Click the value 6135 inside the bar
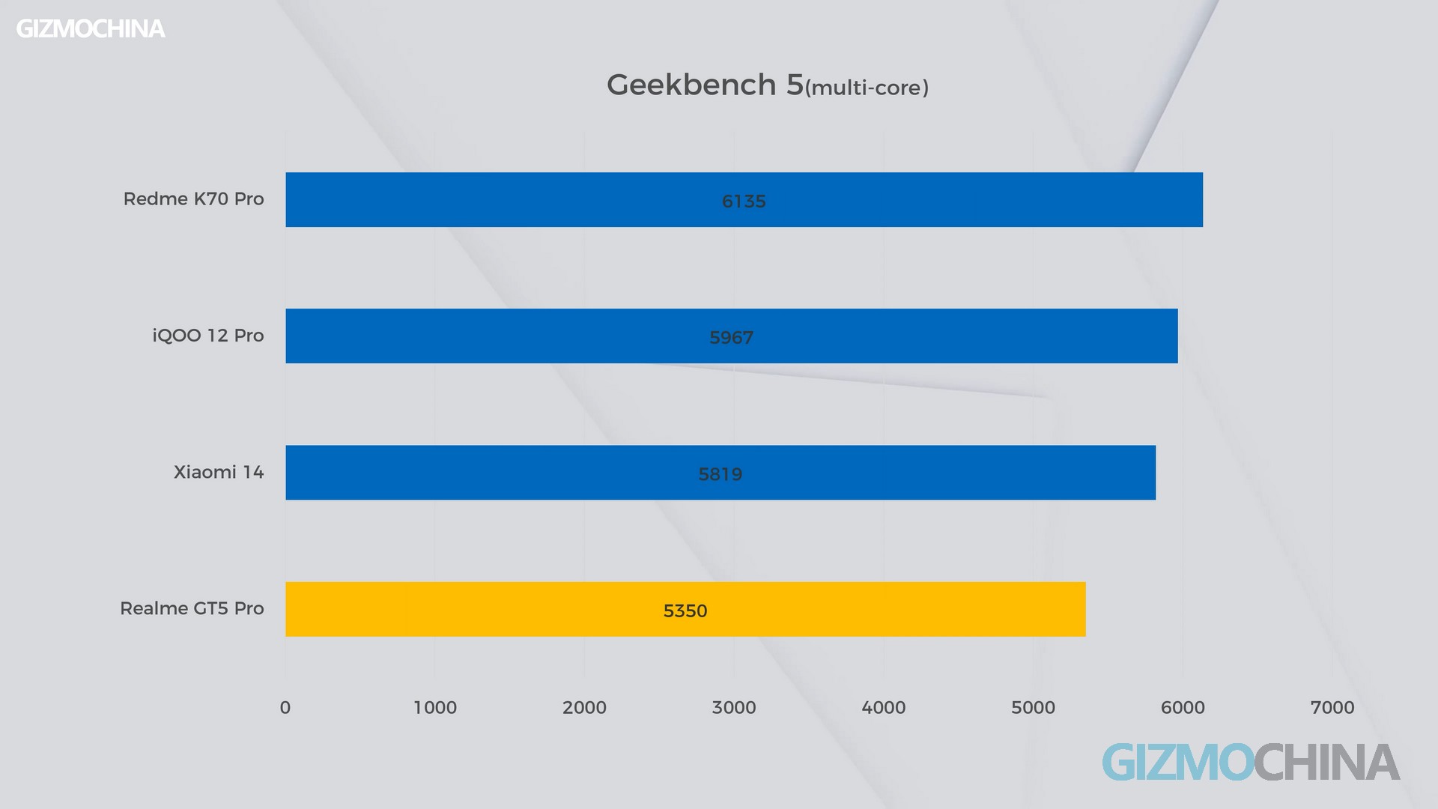coord(744,202)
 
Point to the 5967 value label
coord(731,338)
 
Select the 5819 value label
coord(720,474)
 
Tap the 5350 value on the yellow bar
coord(685,611)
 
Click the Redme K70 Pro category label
coord(193,199)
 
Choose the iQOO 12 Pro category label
coord(208,336)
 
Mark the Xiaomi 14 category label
coord(219,473)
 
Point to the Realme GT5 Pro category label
coord(192,609)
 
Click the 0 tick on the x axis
coord(285,708)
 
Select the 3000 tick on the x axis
coord(734,708)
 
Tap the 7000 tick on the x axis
coord(1332,708)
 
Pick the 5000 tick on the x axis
coord(1033,708)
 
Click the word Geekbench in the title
coord(691,85)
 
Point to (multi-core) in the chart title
coord(867,88)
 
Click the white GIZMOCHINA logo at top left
coord(91,29)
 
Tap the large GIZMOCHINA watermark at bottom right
coord(1251,763)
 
